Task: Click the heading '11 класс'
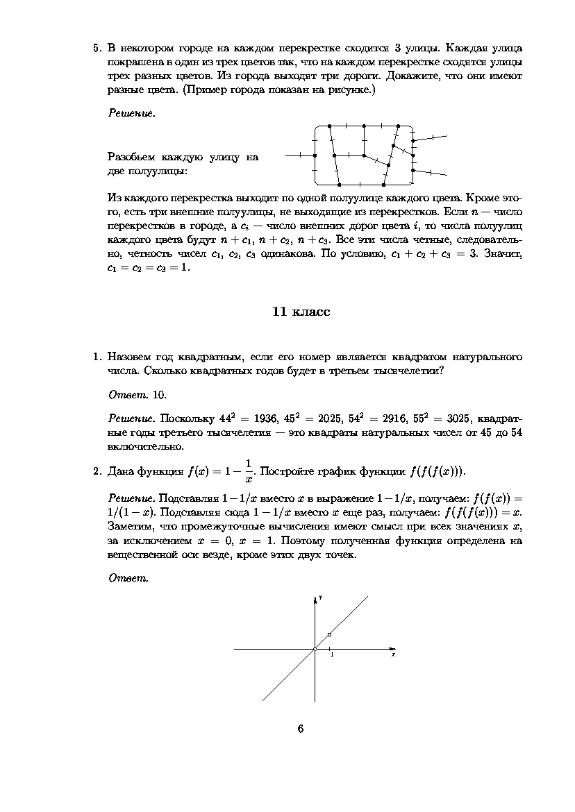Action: (x=301, y=312)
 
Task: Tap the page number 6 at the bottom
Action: (x=300, y=728)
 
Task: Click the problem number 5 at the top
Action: (x=97, y=49)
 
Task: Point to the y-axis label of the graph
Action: (x=320, y=598)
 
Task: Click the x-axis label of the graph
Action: (x=393, y=654)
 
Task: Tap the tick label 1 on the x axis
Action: (x=331, y=655)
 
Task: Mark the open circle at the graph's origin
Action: (x=315, y=649)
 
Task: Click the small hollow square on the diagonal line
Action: (x=329, y=634)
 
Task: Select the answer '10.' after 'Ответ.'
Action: (x=160, y=395)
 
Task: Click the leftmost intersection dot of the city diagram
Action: (x=315, y=156)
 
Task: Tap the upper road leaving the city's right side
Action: (x=431, y=138)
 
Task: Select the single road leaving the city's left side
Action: (x=299, y=156)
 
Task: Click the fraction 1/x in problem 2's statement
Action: (x=249, y=470)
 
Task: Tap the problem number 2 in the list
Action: (x=97, y=472)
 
